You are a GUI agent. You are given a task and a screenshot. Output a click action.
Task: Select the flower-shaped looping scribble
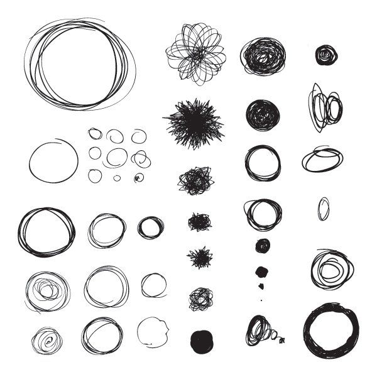point(196,53)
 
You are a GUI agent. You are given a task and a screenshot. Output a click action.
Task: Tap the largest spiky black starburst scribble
point(194,122)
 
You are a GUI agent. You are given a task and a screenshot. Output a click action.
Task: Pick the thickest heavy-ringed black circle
point(331,331)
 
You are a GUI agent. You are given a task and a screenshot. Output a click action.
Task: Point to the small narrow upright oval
point(323,209)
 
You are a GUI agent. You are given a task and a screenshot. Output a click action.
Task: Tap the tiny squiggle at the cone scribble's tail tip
point(282,340)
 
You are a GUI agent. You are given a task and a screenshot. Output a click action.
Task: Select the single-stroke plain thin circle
point(53,161)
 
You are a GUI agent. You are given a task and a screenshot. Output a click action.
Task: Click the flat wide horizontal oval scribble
point(322,160)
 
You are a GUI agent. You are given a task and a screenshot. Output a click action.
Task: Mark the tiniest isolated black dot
point(261,300)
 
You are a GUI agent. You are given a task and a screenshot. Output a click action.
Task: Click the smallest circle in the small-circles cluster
point(117,178)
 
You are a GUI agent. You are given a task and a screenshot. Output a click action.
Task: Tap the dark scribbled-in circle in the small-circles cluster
point(138,178)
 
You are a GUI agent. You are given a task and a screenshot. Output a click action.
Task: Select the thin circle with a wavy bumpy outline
point(153,331)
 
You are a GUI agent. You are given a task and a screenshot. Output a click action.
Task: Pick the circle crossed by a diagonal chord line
point(102,335)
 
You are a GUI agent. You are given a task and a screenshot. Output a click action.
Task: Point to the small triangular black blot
point(261,272)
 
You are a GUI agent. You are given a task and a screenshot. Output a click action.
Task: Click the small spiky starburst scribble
point(200,257)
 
